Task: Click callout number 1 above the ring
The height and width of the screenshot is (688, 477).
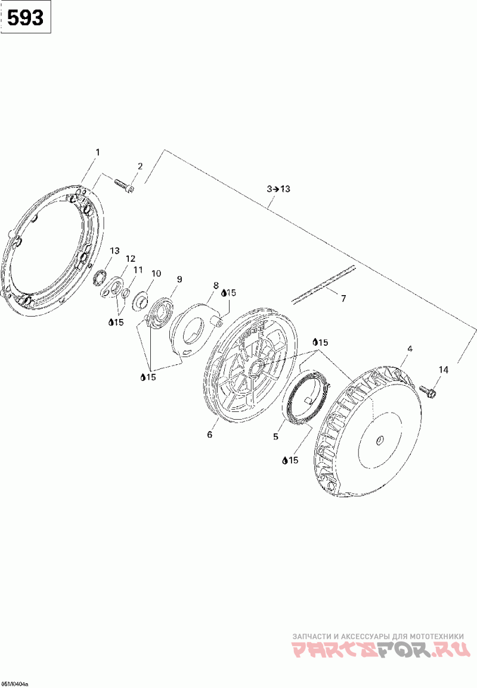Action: [x=98, y=153]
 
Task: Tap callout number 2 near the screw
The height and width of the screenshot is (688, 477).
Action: [x=140, y=166]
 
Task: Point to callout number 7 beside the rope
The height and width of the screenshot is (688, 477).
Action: [x=343, y=299]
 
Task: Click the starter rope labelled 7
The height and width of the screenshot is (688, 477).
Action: [x=323, y=284]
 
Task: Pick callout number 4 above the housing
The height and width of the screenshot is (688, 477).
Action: [x=410, y=348]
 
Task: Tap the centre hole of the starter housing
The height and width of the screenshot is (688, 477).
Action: [x=380, y=442]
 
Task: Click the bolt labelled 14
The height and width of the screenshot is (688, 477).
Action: [x=428, y=391]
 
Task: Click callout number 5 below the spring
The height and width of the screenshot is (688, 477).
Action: [x=275, y=437]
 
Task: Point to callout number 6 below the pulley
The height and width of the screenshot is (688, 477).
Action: [x=209, y=435]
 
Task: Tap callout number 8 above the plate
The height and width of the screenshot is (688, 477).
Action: [x=216, y=286]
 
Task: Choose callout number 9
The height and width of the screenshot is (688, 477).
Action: [x=179, y=279]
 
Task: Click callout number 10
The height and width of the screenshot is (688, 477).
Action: [x=156, y=273]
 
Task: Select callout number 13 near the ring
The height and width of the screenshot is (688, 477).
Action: [x=114, y=250]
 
